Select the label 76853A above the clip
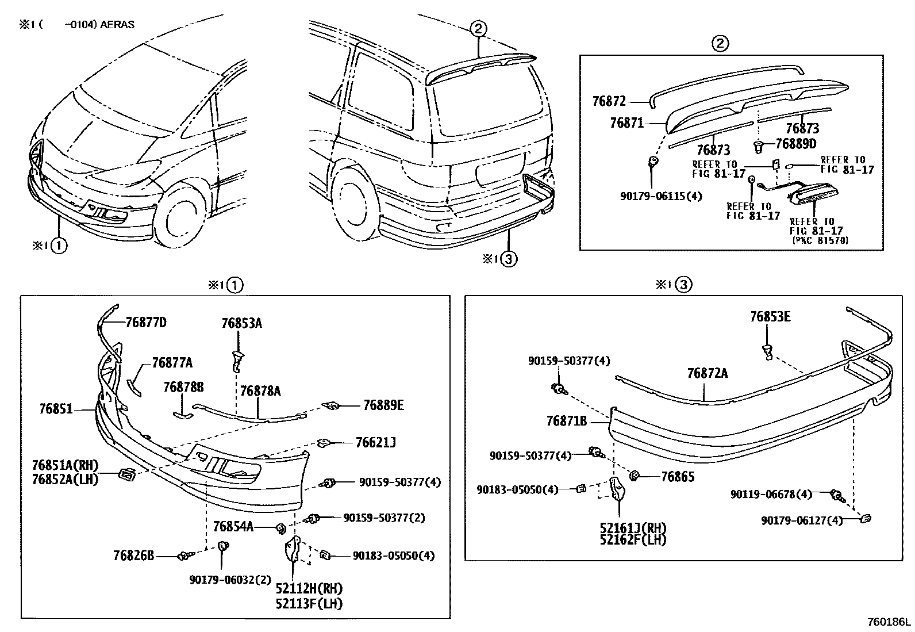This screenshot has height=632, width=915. point(241,323)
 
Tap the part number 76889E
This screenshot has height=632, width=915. point(383,405)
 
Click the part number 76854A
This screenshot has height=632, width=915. point(233,526)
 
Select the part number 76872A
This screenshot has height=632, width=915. point(707,373)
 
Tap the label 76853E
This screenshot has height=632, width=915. point(770,317)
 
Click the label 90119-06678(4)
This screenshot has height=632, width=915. point(771,494)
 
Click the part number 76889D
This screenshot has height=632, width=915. point(795,144)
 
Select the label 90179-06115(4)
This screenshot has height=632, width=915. point(661,196)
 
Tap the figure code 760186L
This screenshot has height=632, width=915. point(889,622)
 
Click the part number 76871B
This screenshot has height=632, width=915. point(567,422)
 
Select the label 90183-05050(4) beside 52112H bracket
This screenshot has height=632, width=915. point(394,556)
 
